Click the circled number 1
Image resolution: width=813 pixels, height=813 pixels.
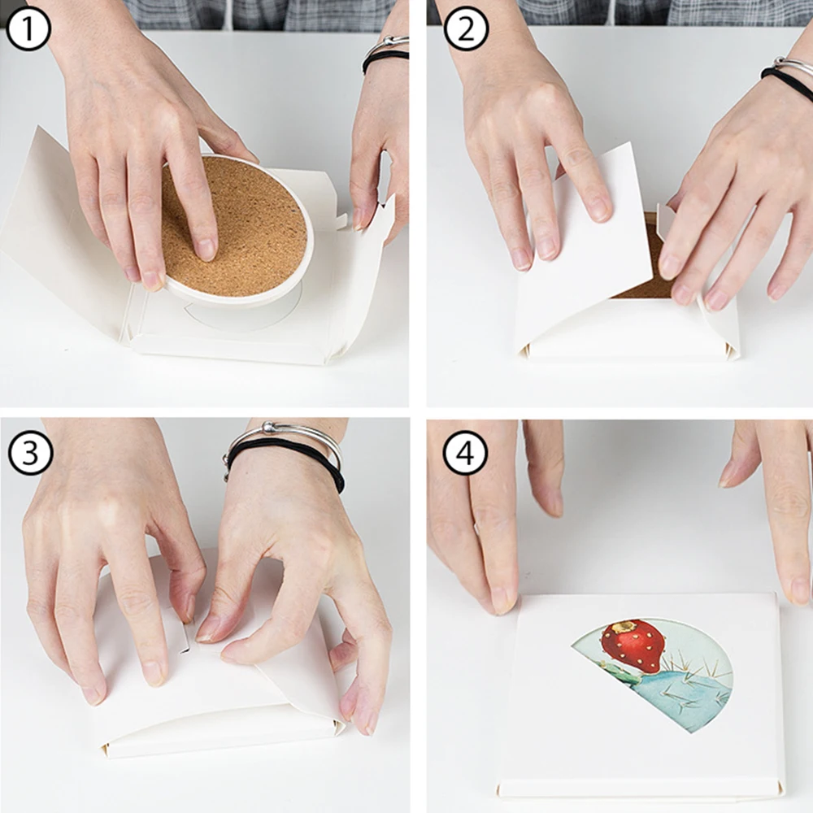pos(28,28)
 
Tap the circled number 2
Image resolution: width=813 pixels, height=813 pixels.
pos(466,28)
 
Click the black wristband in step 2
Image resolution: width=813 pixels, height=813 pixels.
pos(788,82)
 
